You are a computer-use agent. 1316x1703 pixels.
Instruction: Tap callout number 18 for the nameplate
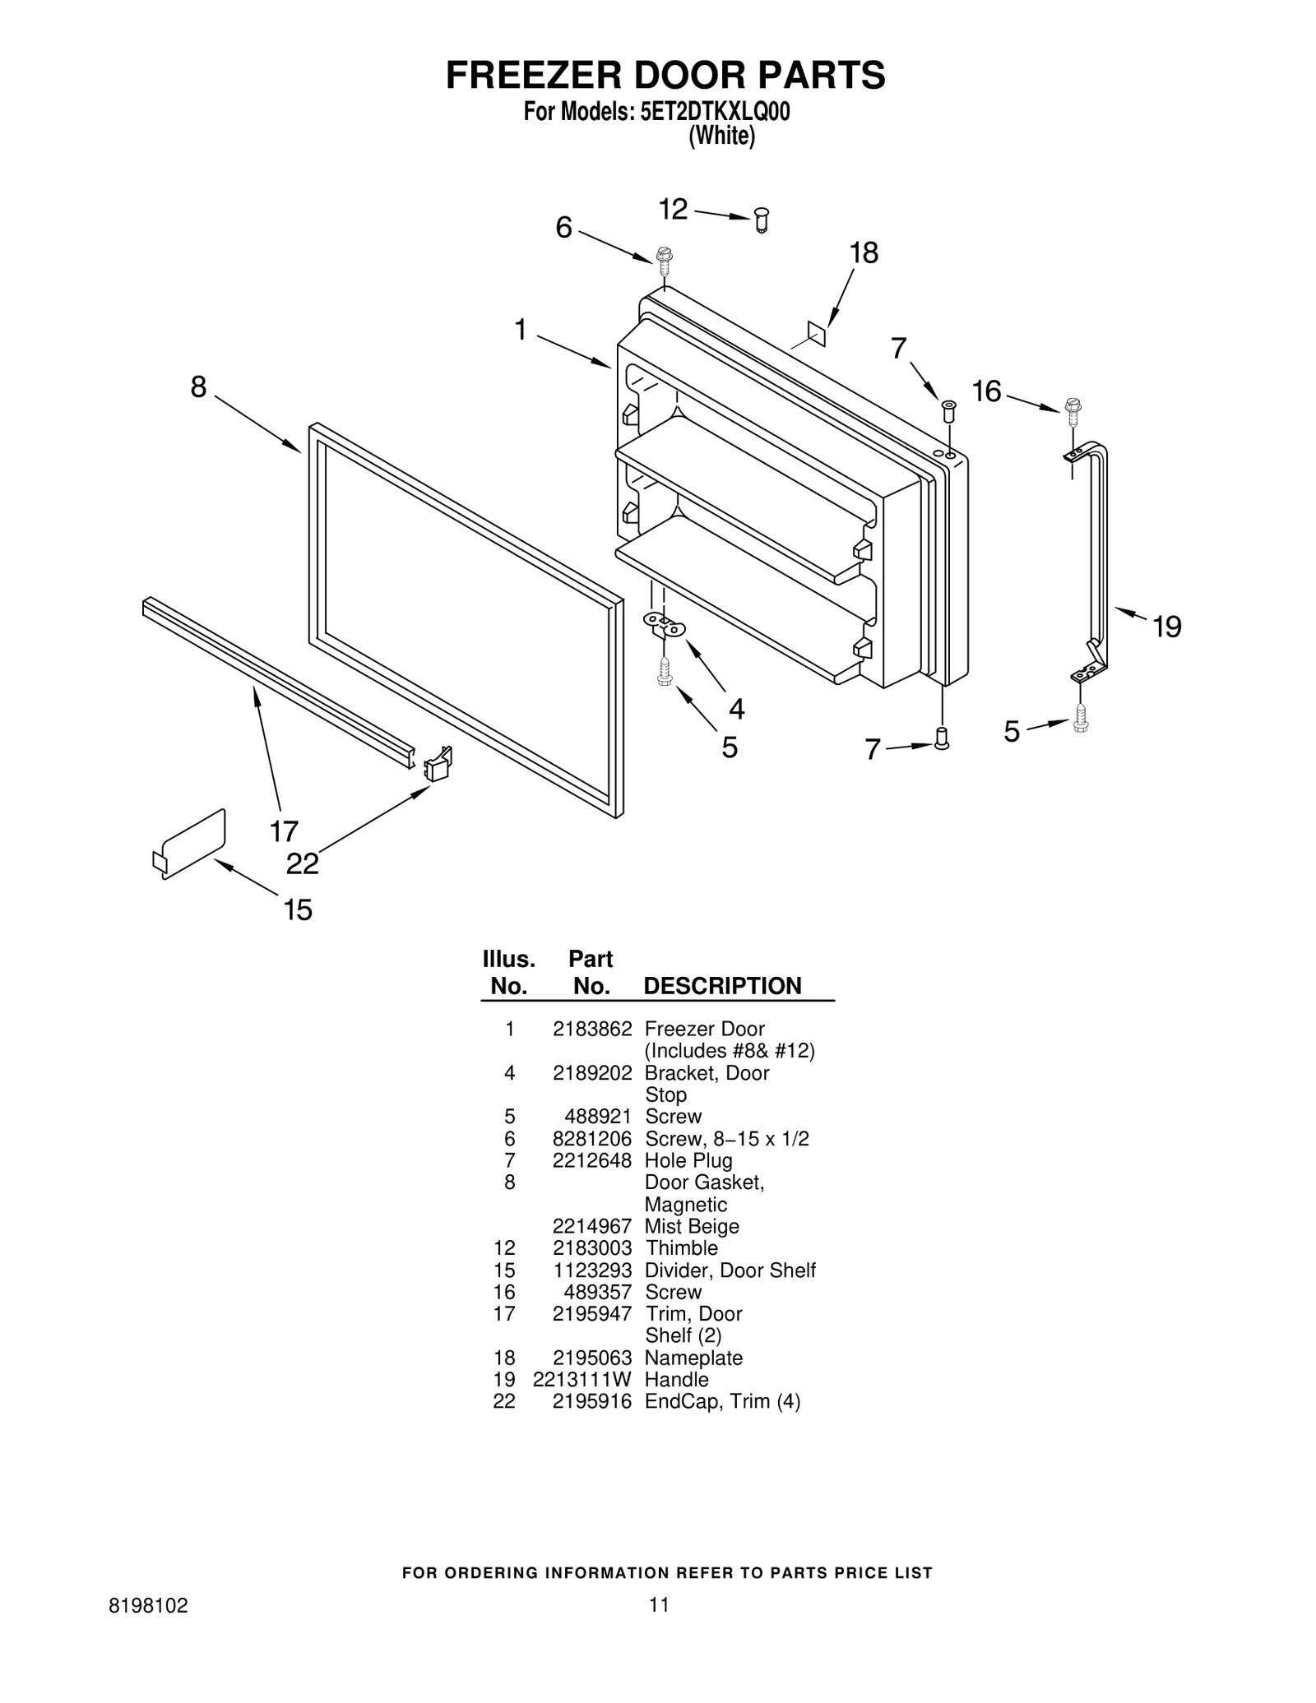pos(864,253)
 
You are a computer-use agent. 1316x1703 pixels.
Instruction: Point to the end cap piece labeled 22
pos(438,765)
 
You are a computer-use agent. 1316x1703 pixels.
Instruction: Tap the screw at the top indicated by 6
pos(665,258)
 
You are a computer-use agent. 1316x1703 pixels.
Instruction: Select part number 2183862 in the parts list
pos(591,1029)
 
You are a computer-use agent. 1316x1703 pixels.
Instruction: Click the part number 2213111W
pos(582,1379)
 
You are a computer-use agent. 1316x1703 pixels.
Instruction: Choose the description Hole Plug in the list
pos(688,1160)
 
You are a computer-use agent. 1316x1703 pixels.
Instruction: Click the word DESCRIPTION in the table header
pos(721,986)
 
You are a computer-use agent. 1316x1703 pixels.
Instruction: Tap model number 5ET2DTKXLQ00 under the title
pos(714,112)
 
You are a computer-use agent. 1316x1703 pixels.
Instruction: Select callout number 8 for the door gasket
pos(198,386)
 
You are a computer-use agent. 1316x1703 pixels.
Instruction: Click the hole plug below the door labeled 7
pos(943,738)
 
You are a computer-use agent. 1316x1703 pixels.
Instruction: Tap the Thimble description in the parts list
pos(681,1247)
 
